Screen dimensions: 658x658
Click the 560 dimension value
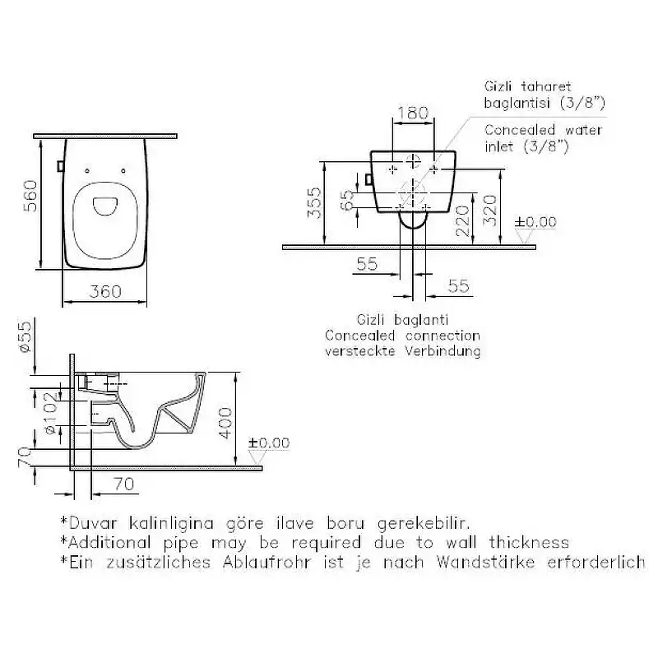pos(30,196)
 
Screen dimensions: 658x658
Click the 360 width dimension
pos(105,291)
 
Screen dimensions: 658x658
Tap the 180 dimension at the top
pos(413,113)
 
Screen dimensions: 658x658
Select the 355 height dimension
pos(314,203)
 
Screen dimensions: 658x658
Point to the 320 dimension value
pos(489,211)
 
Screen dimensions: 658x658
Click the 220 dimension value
pos(463,220)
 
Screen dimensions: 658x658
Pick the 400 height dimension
pos(225,423)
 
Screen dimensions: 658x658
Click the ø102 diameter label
pos(50,414)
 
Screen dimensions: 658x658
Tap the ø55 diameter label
pos(25,336)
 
